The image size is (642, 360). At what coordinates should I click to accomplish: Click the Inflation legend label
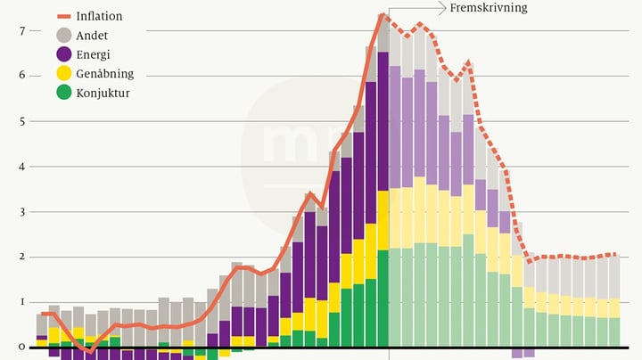[100, 16]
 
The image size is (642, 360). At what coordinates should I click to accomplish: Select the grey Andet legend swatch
[63, 36]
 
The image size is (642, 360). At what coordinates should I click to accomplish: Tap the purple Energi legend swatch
[63, 54]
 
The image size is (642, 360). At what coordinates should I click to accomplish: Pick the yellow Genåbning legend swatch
[63, 73]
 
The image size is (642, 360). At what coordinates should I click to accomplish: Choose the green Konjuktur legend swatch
[63, 92]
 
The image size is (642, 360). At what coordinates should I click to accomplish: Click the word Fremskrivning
[489, 8]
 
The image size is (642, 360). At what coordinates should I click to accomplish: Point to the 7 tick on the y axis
[21, 31]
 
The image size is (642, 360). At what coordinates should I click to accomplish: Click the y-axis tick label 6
[21, 76]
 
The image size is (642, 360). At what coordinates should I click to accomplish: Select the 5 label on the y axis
[21, 121]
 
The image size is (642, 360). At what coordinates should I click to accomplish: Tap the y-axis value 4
[21, 167]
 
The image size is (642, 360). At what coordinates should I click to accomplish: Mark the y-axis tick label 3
[21, 212]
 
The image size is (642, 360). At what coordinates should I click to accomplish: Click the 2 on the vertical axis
[21, 258]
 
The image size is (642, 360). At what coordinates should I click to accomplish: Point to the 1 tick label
[21, 303]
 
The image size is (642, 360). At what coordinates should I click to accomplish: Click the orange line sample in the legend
[63, 16]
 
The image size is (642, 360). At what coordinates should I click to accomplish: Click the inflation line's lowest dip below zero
[90, 352]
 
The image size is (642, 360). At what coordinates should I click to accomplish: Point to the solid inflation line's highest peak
[382, 14]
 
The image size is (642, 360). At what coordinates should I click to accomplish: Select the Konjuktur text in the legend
[104, 92]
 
